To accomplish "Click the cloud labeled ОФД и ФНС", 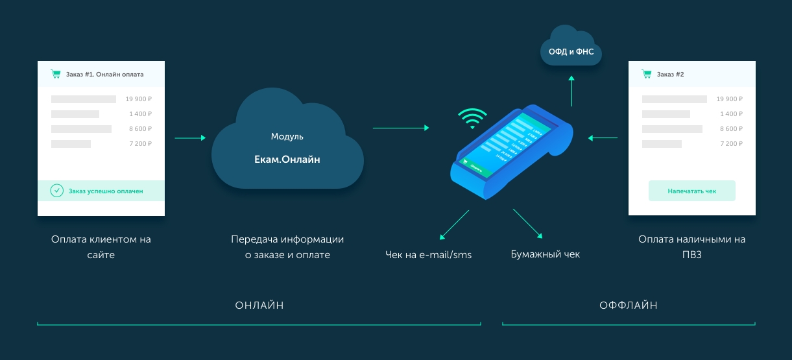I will click(571, 50).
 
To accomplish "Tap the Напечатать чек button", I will click(692, 191).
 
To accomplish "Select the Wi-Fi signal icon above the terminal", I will click(472, 118).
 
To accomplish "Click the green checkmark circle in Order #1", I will click(57, 191).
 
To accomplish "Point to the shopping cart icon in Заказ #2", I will click(646, 74).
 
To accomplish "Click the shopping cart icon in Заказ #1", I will click(56, 74).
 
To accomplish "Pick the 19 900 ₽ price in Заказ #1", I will click(139, 99).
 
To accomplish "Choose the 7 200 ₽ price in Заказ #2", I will click(730, 143).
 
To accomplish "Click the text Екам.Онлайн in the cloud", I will click(287, 160).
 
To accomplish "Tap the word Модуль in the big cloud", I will click(287, 137).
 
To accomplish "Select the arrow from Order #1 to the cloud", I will click(189, 138).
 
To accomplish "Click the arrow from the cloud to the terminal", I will click(400, 128).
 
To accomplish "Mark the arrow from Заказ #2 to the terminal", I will click(603, 138).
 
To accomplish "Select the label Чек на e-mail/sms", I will click(428, 255).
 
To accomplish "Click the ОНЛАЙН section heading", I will click(259, 305).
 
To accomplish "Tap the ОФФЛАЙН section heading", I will click(629, 305).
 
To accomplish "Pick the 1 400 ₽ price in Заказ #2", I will click(730, 114).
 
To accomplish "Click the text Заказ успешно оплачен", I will click(106, 191).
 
